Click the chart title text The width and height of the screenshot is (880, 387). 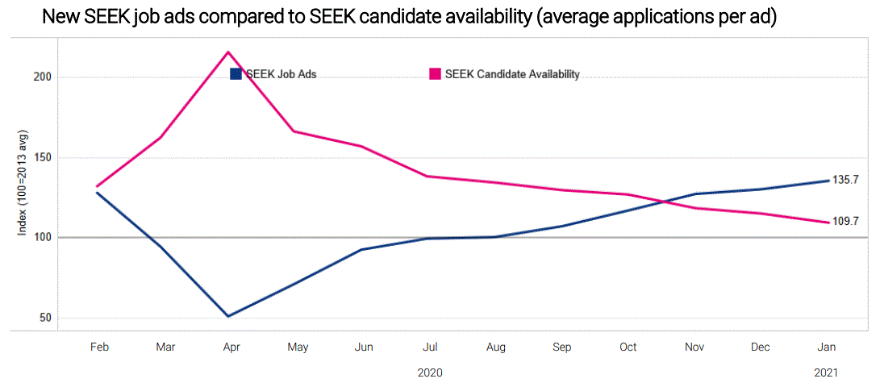(409, 17)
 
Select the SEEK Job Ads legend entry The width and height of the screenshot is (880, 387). (273, 74)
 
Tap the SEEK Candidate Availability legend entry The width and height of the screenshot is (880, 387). (504, 74)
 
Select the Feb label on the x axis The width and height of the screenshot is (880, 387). (99, 347)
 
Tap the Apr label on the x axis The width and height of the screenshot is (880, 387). (231, 347)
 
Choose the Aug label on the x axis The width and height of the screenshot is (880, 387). (496, 347)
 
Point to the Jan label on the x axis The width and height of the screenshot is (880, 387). (827, 347)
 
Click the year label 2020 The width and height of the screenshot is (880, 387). (430, 373)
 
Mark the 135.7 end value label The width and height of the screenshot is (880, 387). (845, 180)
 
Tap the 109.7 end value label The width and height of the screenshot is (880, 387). (845, 221)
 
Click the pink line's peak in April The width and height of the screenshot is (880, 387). (229, 52)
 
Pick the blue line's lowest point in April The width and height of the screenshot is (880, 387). (229, 316)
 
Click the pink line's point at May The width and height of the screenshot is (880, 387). (295, 131)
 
